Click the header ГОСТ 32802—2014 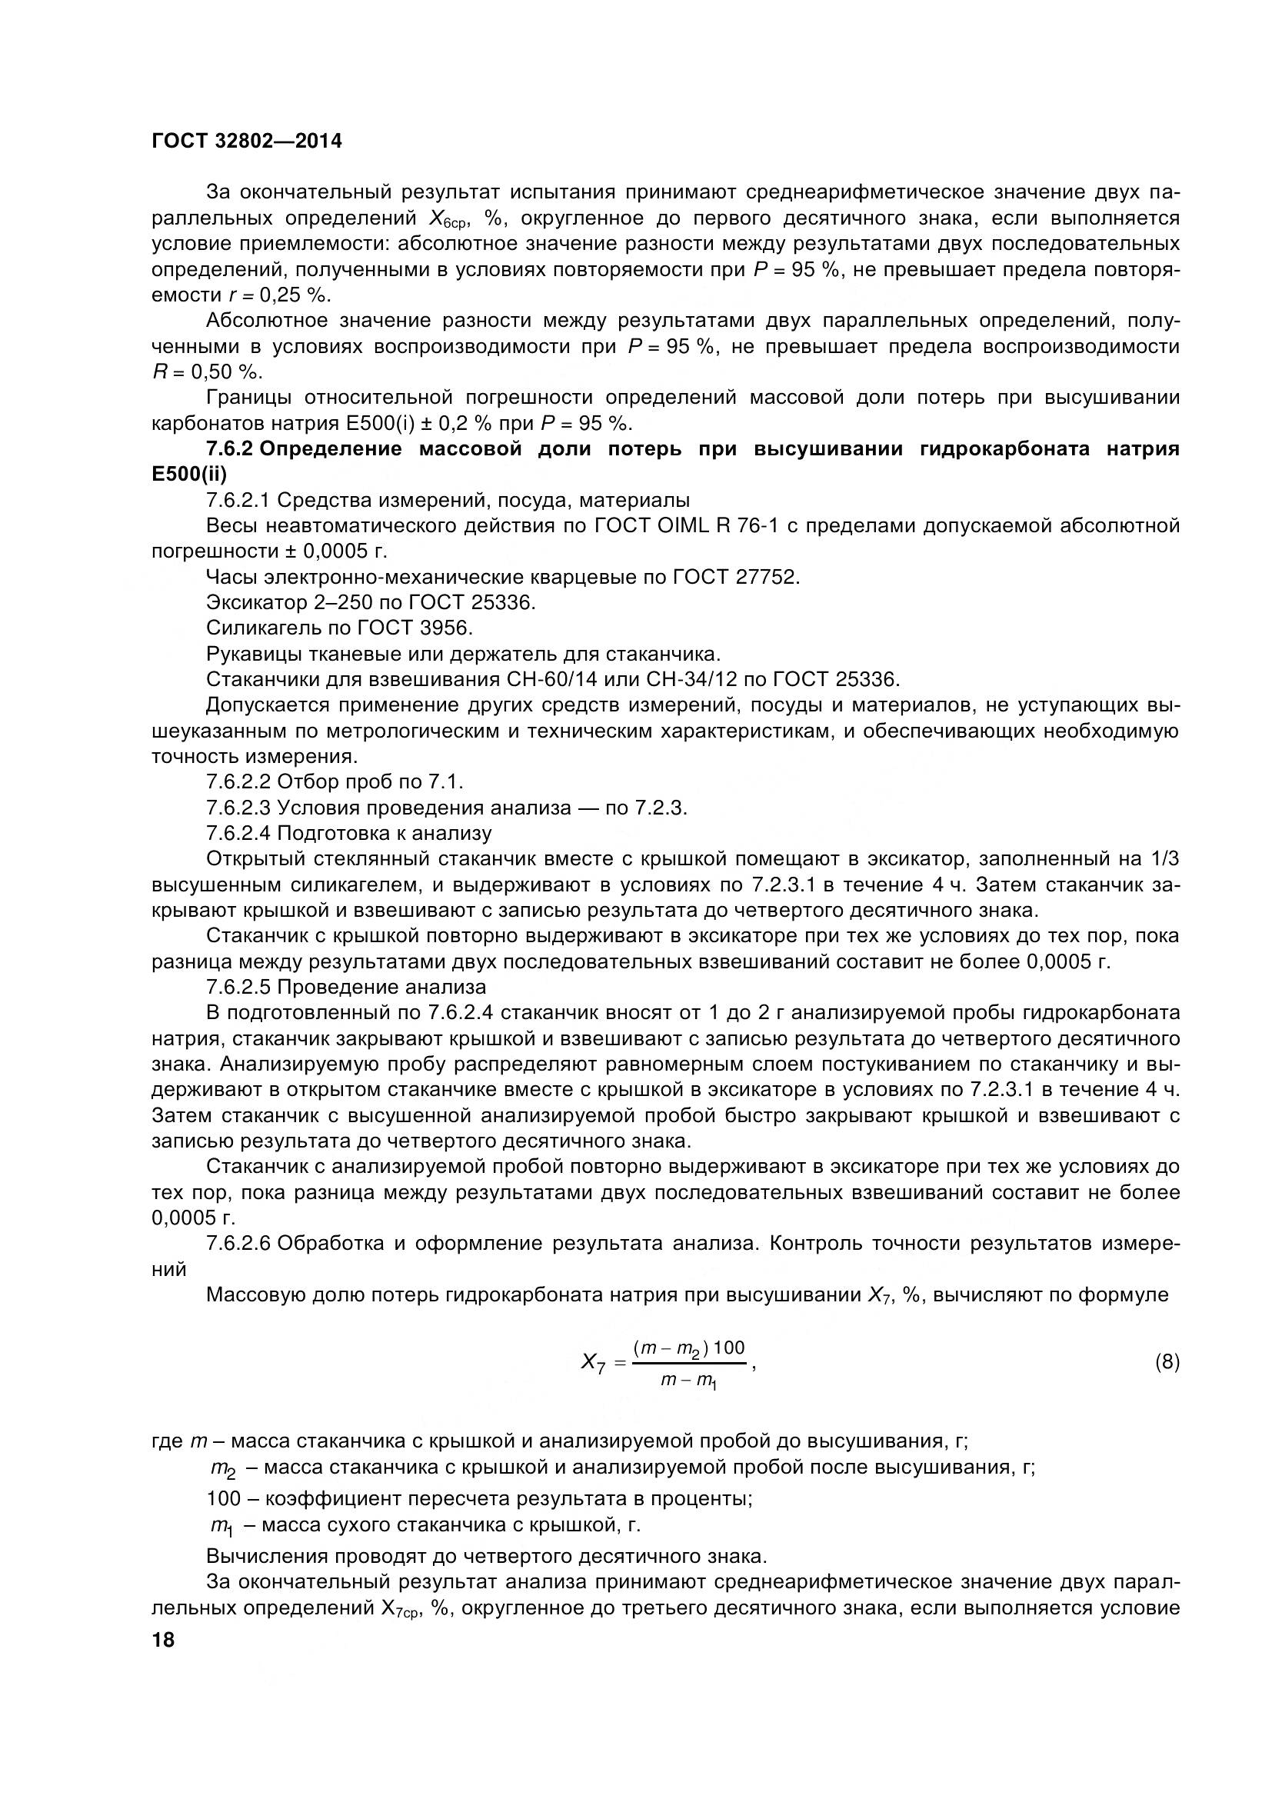pyautogui.click(x=247, y=142)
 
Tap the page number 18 pyautogui.click(x=164, y=1640)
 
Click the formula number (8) pyautogui.click(x=1167, y=1362)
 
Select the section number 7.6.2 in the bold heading pyautogui.click(x=229, y=449)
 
